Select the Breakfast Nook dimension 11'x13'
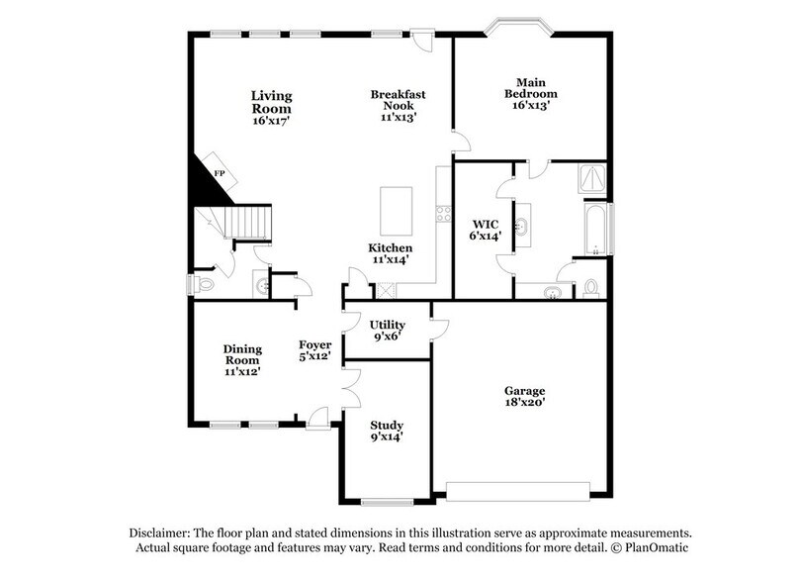(399, 116)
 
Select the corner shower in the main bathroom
(592, 178)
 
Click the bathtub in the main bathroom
(597, 227)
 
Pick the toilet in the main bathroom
(591, 288)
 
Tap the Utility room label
(387, 325)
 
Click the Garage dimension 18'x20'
(524, 402)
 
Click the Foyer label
(314, 344)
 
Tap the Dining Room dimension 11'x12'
(241, 372)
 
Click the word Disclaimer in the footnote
(161, 532)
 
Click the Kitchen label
(391, 247)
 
